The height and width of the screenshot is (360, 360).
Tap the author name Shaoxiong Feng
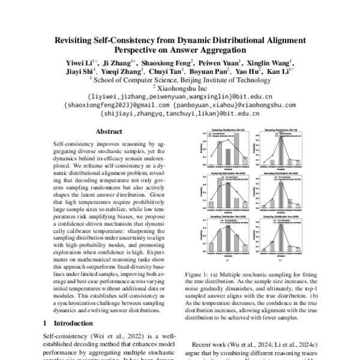tap(169, 62)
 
